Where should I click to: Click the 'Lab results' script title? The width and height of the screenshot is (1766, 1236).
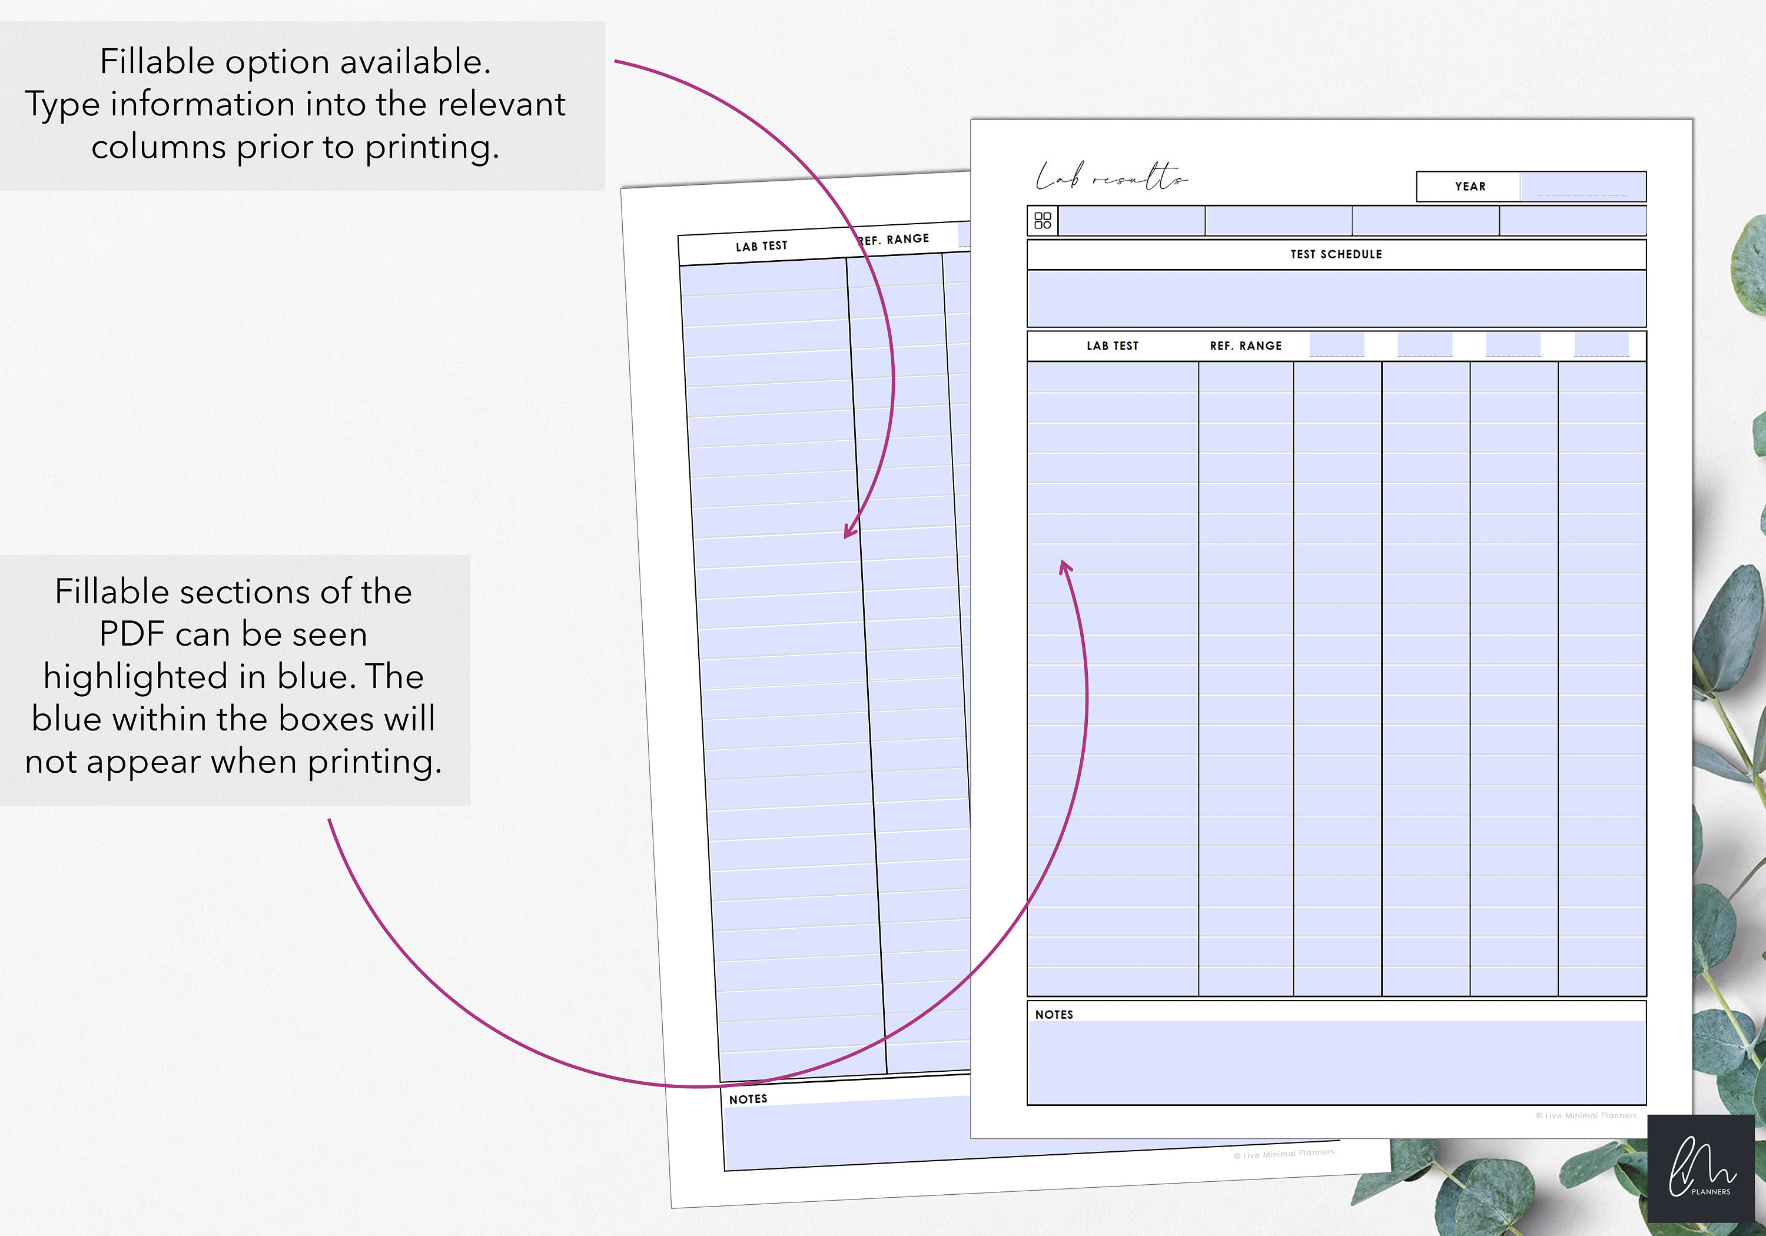point(1111,178)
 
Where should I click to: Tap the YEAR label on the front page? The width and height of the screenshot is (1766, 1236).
point(1470,186)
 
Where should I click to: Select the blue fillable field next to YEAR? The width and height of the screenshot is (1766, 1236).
point(1582,186)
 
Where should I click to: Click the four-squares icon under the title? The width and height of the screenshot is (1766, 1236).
point(1042,221)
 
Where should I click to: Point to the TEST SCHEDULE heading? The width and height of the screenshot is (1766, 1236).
point(1336,254)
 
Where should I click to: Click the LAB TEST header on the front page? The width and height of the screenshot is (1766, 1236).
point(1112,346)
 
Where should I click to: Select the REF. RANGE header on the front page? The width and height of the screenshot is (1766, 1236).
point(1245,346)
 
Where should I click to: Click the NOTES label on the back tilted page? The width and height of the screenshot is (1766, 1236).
point(748,1099)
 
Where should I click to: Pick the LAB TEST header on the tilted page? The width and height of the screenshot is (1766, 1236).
point(762,246)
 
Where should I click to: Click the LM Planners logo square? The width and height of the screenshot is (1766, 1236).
point(1701,1168)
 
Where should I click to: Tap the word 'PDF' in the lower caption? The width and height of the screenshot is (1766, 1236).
point(131,634)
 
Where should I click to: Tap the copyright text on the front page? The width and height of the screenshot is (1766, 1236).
point(1586,1115)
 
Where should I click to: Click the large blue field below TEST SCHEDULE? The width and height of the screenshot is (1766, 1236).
point(1336,298)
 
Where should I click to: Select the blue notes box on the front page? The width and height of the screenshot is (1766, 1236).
point(1336,1063)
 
